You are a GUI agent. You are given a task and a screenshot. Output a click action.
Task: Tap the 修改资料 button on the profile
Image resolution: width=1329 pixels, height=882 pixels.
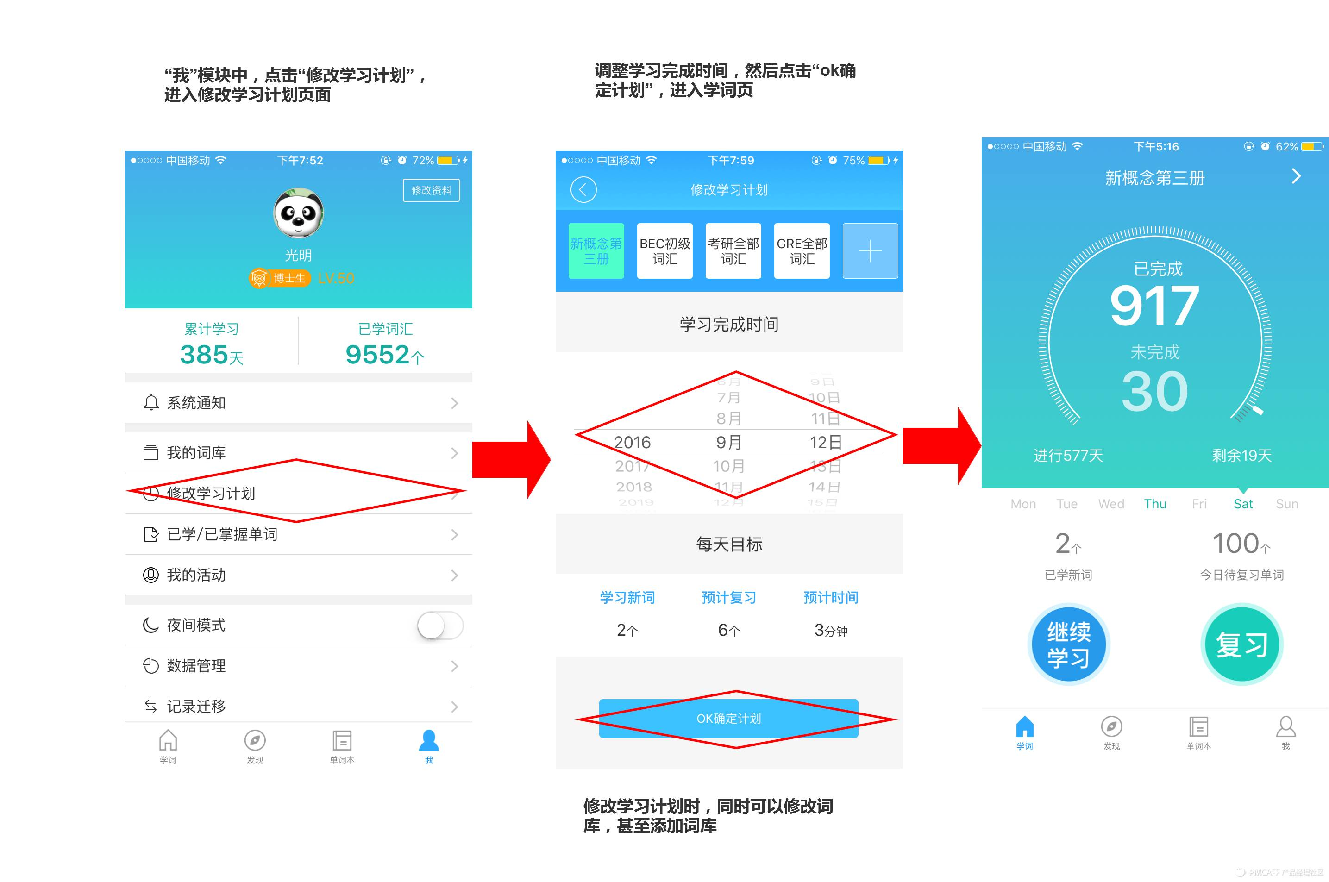pos(431,190)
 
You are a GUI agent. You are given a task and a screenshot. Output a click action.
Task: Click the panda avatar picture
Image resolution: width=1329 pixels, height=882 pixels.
pos(298,213)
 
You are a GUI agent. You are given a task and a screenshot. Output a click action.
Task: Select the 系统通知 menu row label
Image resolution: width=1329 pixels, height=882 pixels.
pos(196,403)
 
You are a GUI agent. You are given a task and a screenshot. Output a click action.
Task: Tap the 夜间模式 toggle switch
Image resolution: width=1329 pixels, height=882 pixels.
pos(440,625)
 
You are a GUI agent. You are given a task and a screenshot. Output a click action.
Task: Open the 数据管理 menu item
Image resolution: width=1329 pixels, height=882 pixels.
pos(196,666)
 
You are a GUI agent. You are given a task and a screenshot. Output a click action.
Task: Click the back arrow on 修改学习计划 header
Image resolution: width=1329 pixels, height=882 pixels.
pos(583,189)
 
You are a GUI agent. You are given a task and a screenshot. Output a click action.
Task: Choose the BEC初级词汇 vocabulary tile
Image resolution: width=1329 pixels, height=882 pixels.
pos(665,251)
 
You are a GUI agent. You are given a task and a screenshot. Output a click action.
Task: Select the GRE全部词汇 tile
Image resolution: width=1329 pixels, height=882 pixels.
pos(802,251)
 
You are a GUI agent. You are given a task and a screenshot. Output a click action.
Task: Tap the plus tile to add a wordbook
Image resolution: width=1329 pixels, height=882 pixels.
pos(870,251)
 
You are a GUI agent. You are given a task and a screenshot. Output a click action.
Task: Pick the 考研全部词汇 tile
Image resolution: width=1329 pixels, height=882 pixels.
pos(733,251)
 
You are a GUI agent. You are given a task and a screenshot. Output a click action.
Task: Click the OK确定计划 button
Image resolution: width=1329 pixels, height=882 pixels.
pos(728,718)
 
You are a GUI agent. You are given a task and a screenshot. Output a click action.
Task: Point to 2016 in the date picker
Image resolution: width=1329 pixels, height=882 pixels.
pos(632,443)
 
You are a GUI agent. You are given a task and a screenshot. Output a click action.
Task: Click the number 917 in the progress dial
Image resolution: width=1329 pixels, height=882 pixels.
pos(1154,306)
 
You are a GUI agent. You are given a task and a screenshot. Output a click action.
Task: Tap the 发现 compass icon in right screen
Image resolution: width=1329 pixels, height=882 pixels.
pos(1111,727)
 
